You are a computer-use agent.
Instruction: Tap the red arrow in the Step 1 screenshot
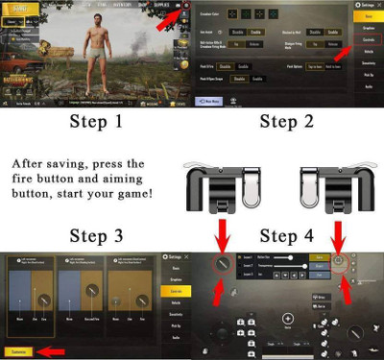point(166,16)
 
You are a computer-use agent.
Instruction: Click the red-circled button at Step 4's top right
point(339,261)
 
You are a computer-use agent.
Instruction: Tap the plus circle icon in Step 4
point(286,318)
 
